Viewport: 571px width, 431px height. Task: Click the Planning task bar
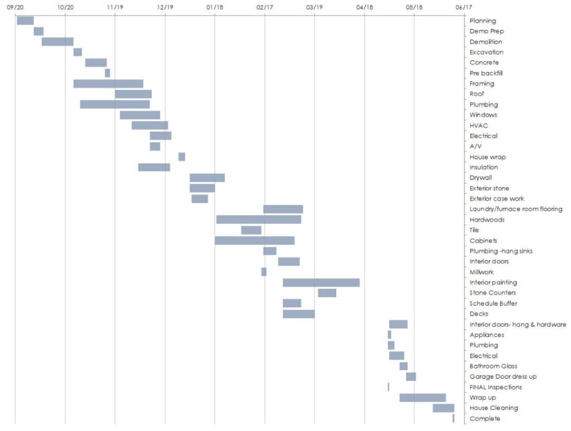tap(25, 21)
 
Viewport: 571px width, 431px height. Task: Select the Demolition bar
tap(57, 42)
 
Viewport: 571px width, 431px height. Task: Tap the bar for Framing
tap(108, 84)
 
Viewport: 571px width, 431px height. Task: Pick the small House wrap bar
tap(182, 157)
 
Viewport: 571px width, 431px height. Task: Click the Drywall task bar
tap(207, 178)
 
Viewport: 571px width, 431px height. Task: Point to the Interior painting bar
tap(321, 283)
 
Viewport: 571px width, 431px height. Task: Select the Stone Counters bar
tap(327, 293)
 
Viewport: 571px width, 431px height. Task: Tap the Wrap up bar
tap(422, 398)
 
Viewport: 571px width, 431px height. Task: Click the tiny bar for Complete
tap(453, 418)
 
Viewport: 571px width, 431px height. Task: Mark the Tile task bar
tap(251, 230)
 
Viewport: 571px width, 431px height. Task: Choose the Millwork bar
tap(264, 272)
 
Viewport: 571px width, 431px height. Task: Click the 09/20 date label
tap(16, 7)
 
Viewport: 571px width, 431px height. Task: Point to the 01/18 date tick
tap(215, 7)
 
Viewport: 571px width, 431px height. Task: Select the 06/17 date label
tap(463, 7)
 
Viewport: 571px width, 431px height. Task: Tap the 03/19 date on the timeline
tap(314, 7)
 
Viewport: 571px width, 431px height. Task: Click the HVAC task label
tap(478, 125)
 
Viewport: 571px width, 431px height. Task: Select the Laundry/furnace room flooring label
tap(516, 209)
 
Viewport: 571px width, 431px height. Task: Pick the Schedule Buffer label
tap(493, 303)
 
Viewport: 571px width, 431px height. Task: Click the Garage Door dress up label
tap(503, 376)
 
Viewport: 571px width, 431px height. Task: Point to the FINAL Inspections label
tap(496, 387)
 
